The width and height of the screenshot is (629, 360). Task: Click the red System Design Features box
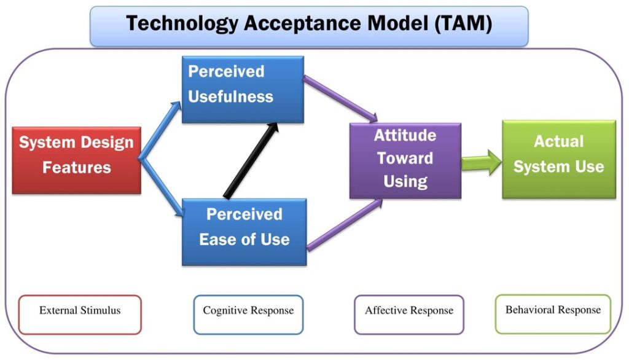tap(76, 160)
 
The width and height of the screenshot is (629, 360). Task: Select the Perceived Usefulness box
tap(243, 89)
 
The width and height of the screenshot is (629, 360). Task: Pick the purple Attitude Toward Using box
tap(405, 160)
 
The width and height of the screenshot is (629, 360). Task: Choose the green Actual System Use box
tap(559, 158)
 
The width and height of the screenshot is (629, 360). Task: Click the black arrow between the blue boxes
tap(250, 161)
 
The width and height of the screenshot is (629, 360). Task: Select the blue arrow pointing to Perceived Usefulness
tap(161, 129)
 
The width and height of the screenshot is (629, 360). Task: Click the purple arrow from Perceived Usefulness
tap(340, 98)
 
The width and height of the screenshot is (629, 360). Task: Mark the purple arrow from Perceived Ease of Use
tap(344, 225)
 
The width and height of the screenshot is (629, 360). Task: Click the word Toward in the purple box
tap(405, 158)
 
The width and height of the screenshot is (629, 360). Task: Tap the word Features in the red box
tap(76, 168)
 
